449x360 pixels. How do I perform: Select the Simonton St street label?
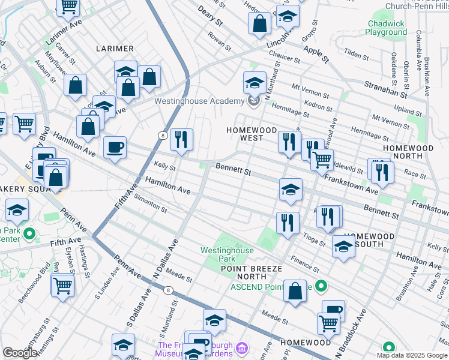(150, 203)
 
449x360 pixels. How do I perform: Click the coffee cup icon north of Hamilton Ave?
(115, 147)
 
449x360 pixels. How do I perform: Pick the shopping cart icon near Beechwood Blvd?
(62, 286)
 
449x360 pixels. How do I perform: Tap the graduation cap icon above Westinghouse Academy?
(255, 82)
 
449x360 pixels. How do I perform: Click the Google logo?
(20, 353)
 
